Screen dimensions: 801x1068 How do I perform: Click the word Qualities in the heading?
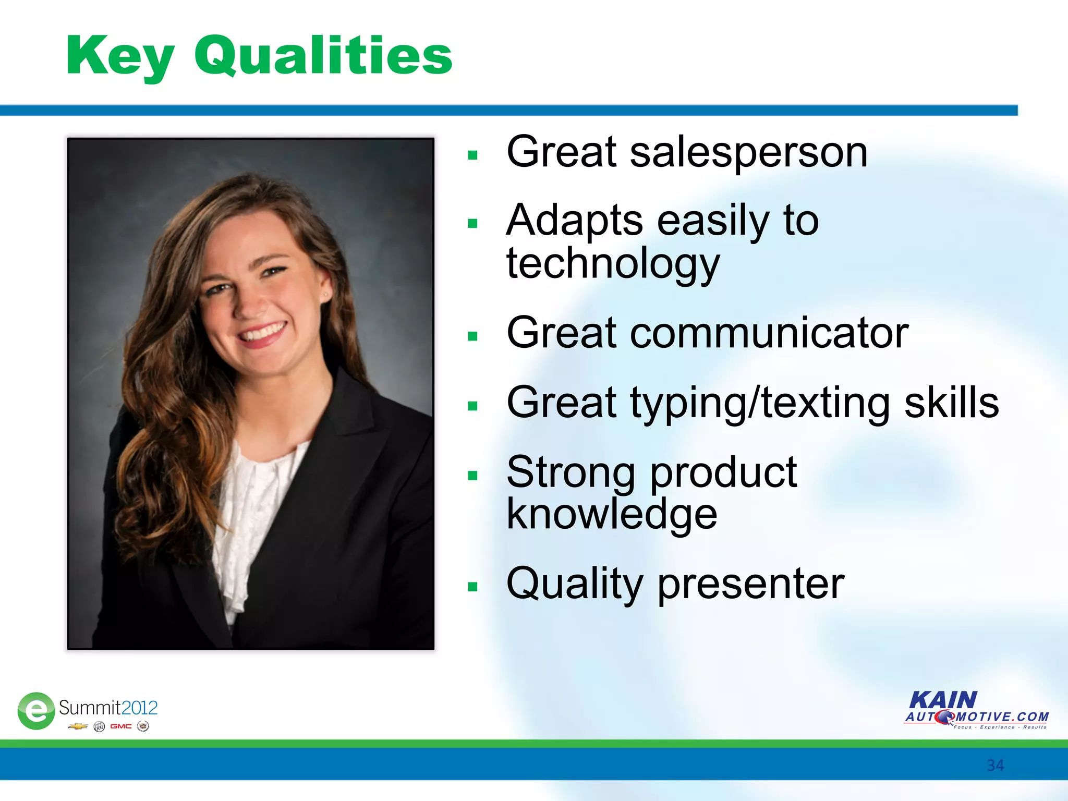pos(323,55)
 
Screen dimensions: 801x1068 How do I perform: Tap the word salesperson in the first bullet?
pos(748,152)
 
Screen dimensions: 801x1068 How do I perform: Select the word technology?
pos(613,264)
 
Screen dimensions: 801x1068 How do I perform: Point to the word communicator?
pos(769,333)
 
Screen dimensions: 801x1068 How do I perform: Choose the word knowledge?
pos(612,514)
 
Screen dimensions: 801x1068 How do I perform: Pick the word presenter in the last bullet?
pos(750,584)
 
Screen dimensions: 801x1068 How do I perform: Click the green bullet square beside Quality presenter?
pos(473,587)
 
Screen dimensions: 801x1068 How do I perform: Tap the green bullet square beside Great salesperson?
pos(473,155)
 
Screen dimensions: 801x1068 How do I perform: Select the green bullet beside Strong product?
pos(473,475)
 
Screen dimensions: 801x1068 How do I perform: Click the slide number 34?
pos(995,766)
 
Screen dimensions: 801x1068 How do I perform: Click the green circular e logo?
pos(36,711)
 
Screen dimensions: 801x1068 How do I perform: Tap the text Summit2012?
pos(108,708)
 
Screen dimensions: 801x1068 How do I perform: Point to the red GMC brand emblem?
pos(120,726)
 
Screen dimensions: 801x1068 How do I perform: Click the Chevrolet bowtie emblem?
pos(78,726)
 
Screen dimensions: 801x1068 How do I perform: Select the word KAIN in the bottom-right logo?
pos(943,700)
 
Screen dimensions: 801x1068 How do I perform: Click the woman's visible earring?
pos(326,295)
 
